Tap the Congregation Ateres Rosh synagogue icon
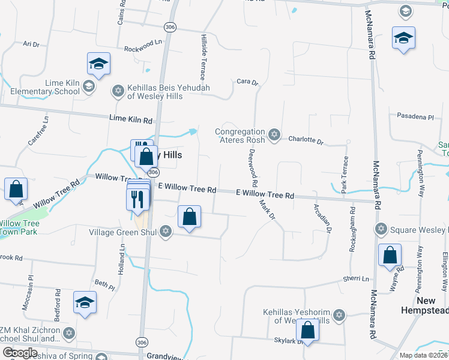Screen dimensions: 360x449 pyautogui.click(x=274, y=134)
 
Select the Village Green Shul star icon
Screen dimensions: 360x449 pyautogui.click(x=166, y=232)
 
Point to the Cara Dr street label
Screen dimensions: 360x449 pyautogui.click(x=247, y=82)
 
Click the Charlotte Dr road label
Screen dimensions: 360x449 pyautogui.click(x=306, y=140)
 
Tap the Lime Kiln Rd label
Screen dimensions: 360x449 pyautogui.click(x=131, y=120)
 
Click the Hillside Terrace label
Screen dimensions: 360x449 pyautogui.click(x=203, y=57)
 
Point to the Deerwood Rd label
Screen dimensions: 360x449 pyautogui.click(x=253, y=167)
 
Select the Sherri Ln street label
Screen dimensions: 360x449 pyautogui.click(x=356, y=279)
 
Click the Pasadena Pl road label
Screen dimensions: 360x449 pyautogui.click(x=415, y=116)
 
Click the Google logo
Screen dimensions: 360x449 pyautogui.click(x=19, y=352)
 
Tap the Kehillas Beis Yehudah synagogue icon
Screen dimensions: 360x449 pyautogui.click(x=118, y=91)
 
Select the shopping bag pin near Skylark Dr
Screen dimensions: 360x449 pyautogui.click(x=308, y=331)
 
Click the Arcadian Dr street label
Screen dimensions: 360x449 pyautogui.click(x=322, y=218)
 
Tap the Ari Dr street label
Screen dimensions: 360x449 pyautogui.click(x=31, y=44)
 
